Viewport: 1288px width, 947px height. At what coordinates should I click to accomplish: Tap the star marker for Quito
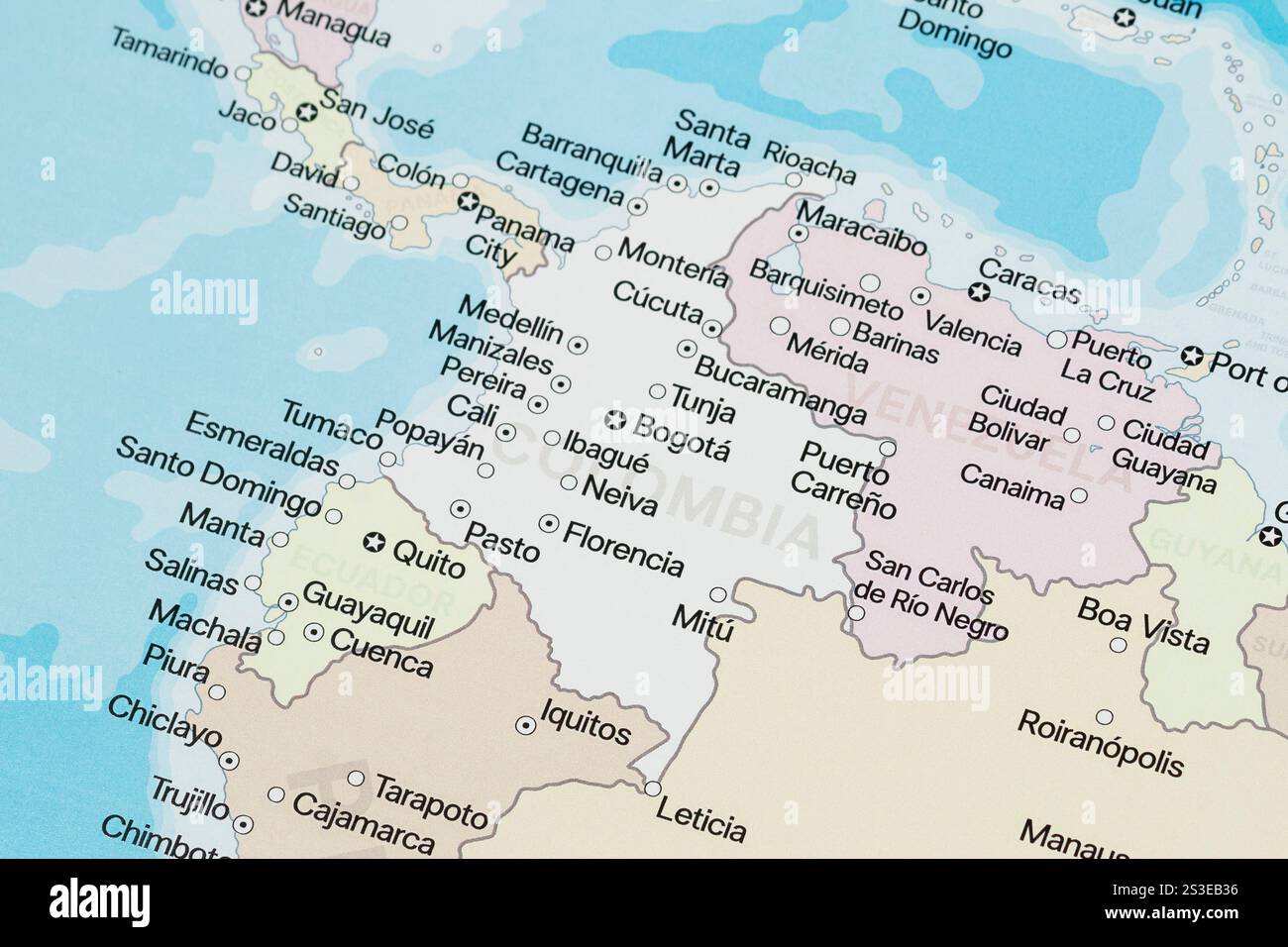(374, 541)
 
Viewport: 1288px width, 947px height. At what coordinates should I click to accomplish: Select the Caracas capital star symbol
(979, 292)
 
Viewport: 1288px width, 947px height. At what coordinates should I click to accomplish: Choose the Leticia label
(701, 821)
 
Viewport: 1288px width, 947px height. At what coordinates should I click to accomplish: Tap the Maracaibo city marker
(799, 234)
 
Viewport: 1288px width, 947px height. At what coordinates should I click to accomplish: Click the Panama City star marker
(469, 202)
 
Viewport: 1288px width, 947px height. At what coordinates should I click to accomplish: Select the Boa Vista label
(1143, 624)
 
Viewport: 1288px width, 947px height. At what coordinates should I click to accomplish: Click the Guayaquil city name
(368, 610)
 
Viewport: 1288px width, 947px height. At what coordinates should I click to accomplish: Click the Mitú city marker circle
(718, 594)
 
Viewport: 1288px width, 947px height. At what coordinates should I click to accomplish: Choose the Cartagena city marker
(637, 207)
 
